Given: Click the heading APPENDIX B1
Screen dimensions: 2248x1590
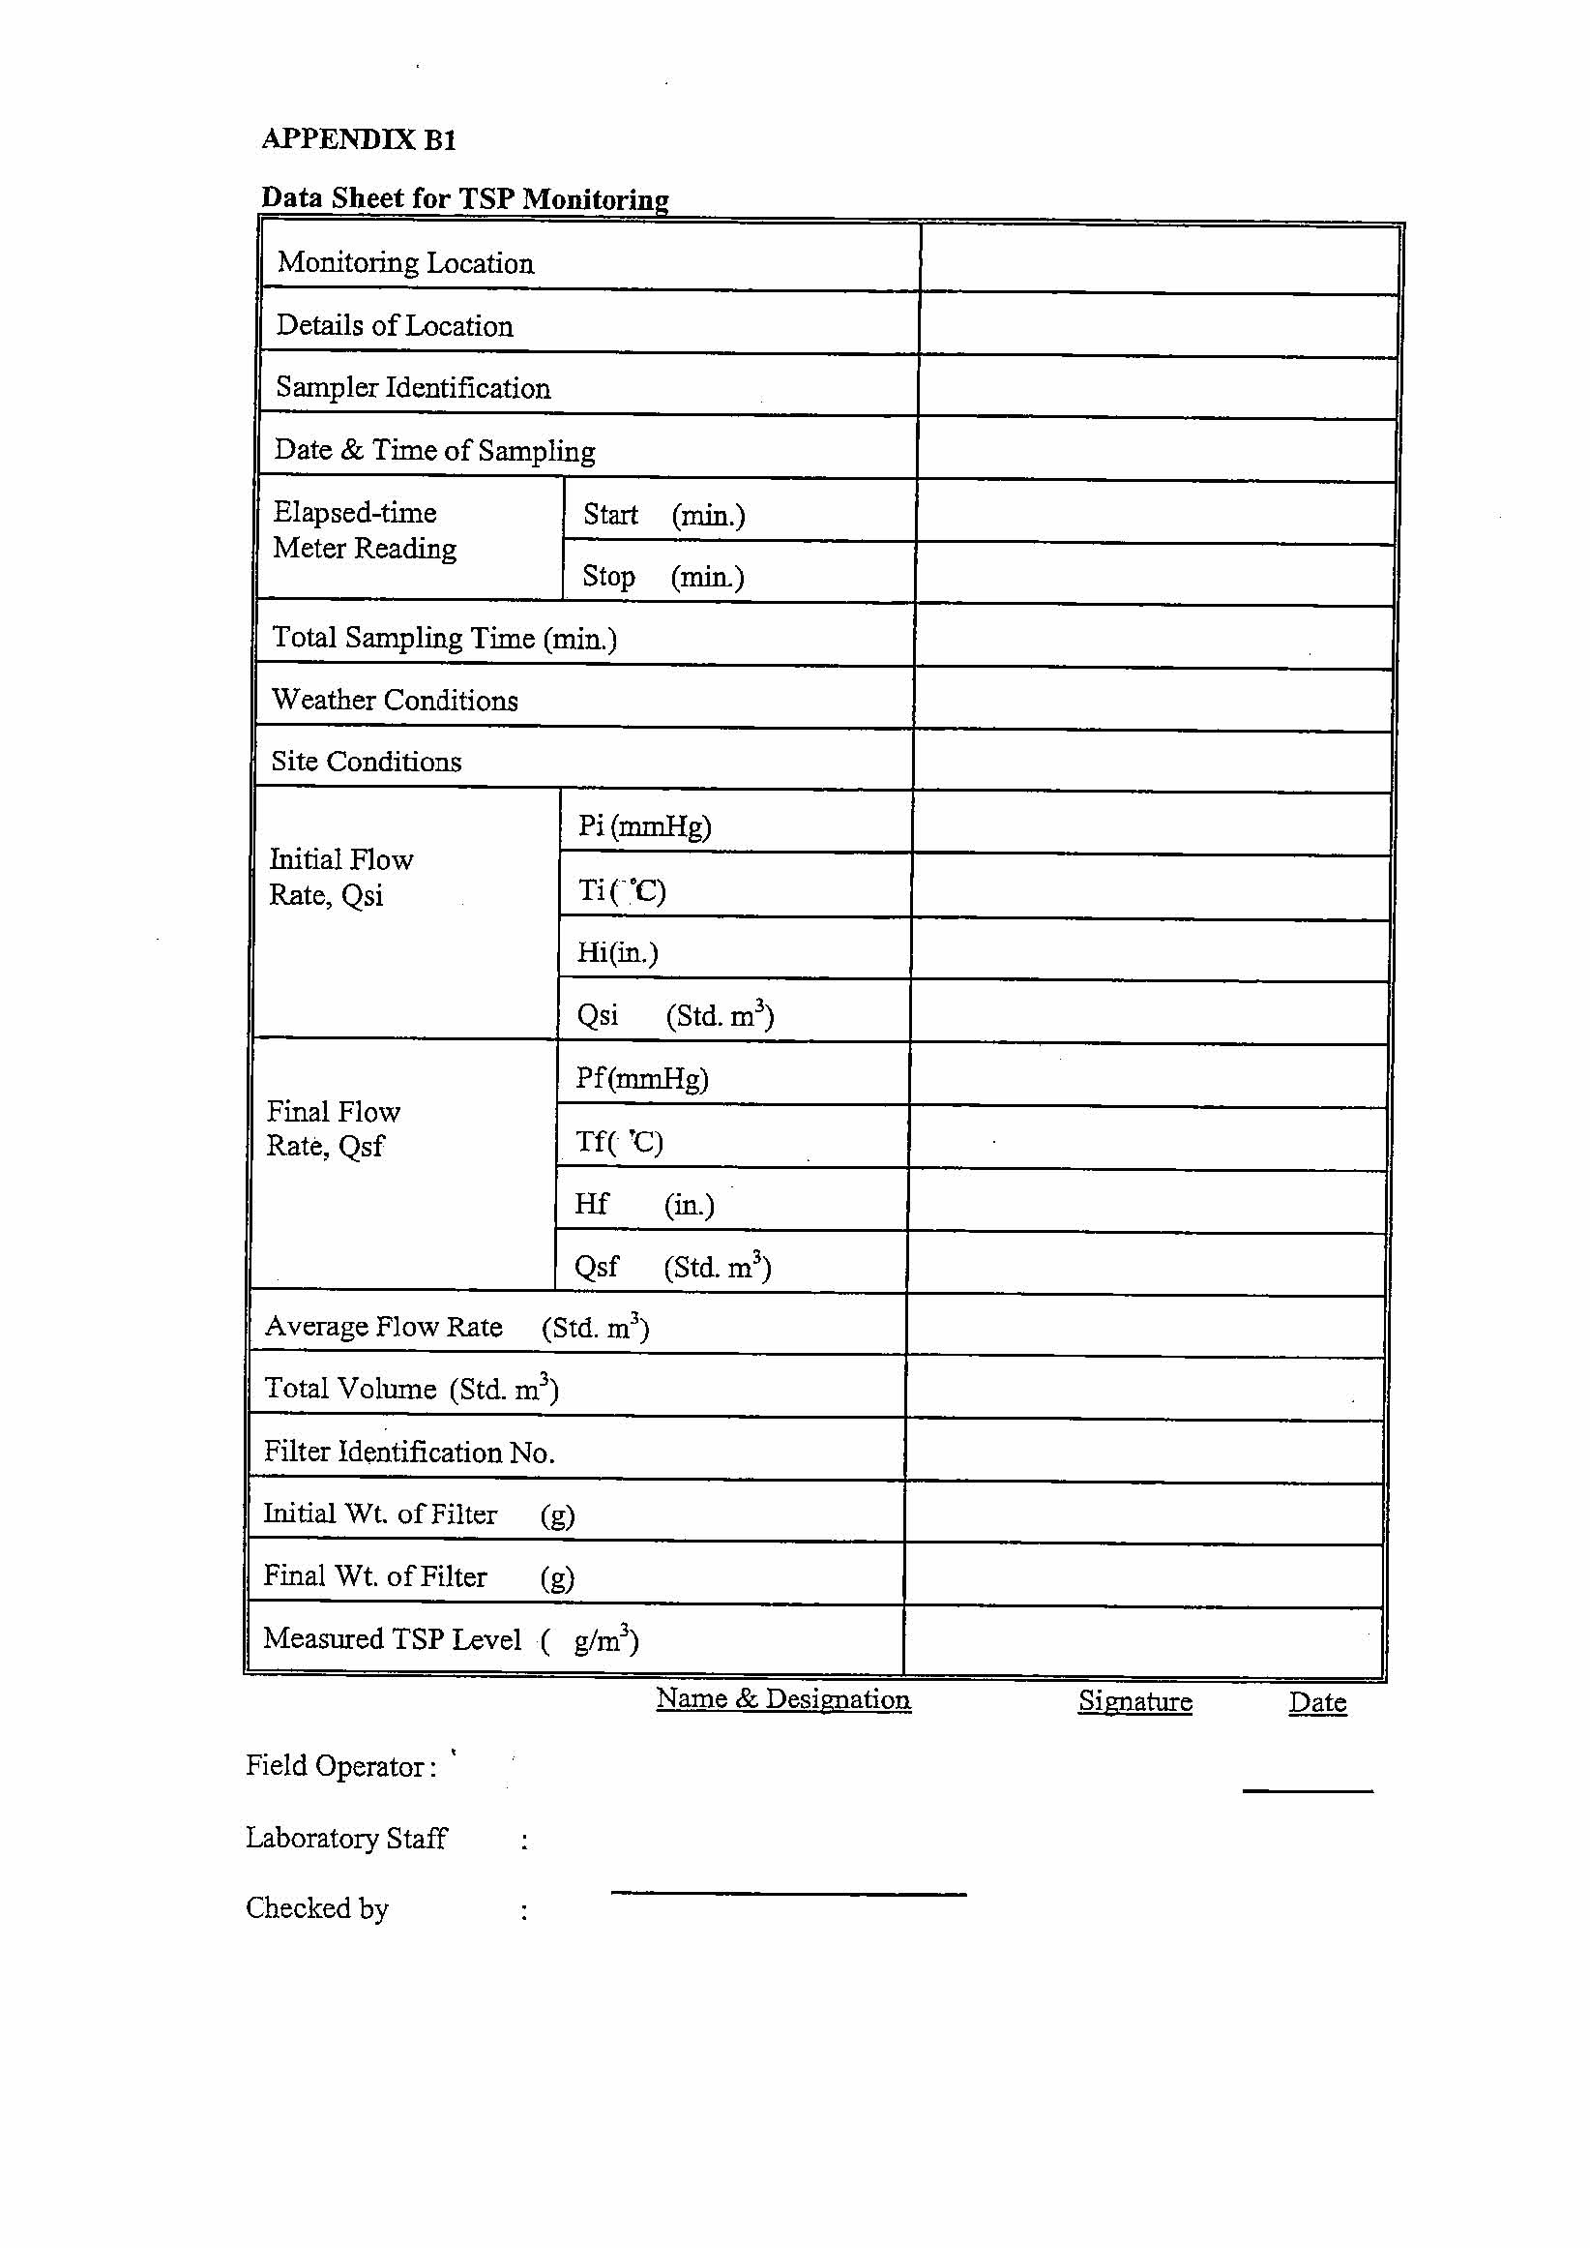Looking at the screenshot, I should point(359,139).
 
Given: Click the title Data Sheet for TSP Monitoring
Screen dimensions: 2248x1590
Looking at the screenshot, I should point(464,197).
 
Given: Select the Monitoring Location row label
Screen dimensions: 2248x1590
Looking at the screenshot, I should point(405,262).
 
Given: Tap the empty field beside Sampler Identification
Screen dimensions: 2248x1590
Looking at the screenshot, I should point(1158,388).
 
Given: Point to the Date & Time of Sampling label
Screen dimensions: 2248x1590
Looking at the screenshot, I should point(434,450).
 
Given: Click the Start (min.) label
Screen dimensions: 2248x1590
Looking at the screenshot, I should point(663,514).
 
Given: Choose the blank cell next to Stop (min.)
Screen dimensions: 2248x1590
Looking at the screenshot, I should point(1154,575).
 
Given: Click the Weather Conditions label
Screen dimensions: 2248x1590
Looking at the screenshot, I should point(395,700).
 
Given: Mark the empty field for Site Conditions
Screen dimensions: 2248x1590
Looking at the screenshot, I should point(1151,761).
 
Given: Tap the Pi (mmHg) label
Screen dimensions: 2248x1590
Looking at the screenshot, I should point(644,825).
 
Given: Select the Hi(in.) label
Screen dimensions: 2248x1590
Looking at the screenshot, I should point(617,952).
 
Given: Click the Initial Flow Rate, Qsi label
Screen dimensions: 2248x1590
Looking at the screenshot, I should point(340,877).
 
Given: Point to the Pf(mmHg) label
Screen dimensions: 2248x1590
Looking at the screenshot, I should point(641,1078).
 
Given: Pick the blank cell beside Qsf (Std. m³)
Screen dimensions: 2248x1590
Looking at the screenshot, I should point(1145,1266).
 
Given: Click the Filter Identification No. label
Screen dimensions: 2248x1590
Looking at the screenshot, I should point(409,1452).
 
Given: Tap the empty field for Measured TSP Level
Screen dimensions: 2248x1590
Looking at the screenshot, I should point(1142,1639).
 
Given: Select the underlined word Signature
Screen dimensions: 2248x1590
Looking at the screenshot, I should point(1134,1701).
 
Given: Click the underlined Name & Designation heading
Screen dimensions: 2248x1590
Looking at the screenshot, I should point(783,1699).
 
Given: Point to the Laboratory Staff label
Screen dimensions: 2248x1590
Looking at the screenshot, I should point(345,1838).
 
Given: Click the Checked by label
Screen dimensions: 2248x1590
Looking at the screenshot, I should point(317,1908).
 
